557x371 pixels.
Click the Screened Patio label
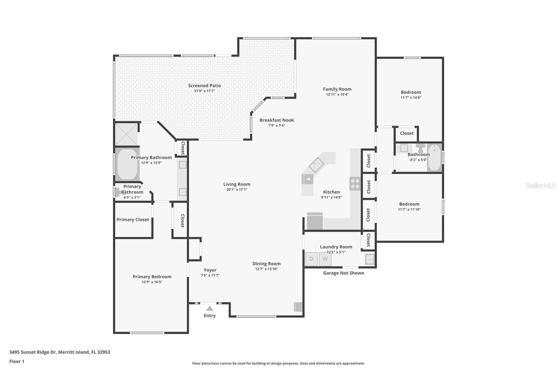coord(204,86)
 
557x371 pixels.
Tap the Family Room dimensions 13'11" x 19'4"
coord(337,95)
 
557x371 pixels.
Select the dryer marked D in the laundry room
coord(311,259)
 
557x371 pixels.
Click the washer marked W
coord(325,259)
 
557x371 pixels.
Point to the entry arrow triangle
coord(210,308)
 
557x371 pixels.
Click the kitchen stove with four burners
coord(355,183)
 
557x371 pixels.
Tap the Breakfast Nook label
coord(277,120)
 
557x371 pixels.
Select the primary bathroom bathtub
coord(127,164)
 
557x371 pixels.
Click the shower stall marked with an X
coord(126,134)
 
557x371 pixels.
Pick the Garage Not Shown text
coord(343,273)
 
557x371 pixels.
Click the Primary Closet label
coord(133,220)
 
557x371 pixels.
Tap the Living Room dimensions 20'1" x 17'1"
coord(237,189)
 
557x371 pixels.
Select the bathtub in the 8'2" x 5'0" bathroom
coord(434,157)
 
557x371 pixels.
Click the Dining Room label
coord(267,263)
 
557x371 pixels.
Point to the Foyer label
coord(210,270)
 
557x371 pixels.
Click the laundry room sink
coord(370,259)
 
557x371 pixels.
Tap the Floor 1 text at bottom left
coord(17,362)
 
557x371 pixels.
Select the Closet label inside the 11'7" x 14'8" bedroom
coord(407,133)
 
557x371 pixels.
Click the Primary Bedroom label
coord(152,277)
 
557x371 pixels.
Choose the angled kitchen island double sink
coord(316,165)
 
